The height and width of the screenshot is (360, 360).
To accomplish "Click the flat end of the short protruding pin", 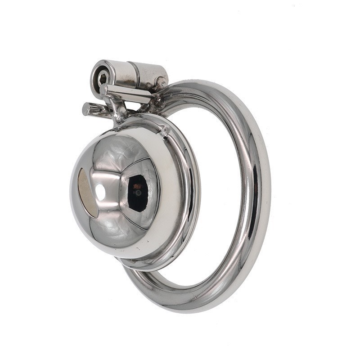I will tap(86, 108).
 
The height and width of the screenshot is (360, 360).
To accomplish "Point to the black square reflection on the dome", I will tap(138, 193).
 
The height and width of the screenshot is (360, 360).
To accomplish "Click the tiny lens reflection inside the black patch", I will tap(139, 193).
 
